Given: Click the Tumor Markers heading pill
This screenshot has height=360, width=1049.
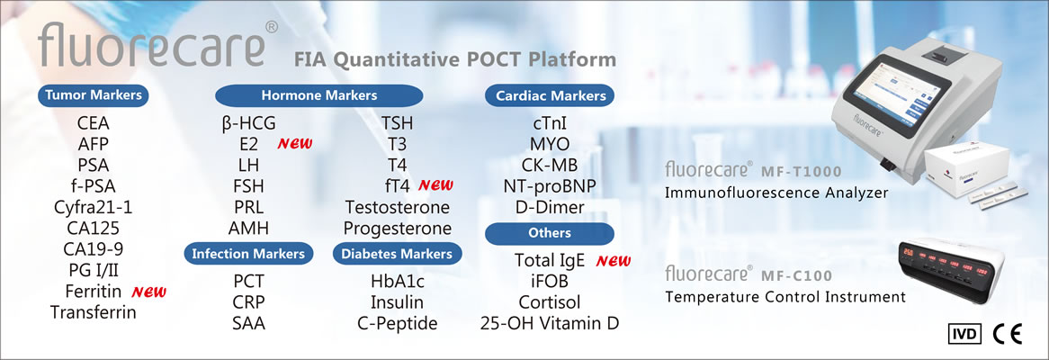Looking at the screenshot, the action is (93, 95).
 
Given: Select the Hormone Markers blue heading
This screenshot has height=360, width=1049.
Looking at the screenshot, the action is (319, 95).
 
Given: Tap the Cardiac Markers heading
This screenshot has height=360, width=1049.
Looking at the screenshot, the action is (550, 95).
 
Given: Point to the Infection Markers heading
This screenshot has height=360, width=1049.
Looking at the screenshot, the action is (248, 254).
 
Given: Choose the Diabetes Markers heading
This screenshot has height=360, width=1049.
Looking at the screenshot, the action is (397, 254).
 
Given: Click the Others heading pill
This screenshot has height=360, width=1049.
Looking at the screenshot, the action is (550, 233).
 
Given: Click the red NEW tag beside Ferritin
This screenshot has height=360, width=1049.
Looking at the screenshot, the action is (148, 292).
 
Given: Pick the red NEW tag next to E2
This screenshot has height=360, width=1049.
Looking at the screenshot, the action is (295, 143).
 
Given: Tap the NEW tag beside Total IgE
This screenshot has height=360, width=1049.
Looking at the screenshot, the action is (614, 261).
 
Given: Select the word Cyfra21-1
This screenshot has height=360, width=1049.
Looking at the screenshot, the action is (93, 207).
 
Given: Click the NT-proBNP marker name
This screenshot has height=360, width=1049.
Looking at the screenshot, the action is (550, 186).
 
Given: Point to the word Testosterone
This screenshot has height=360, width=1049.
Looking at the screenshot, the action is (398, 207).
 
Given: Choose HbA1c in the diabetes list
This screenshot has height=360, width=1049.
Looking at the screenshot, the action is (398, 281).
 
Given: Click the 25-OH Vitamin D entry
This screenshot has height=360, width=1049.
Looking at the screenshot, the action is (550, 323).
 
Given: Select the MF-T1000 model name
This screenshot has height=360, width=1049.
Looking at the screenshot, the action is (801, 171).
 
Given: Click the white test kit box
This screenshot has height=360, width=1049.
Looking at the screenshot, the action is (965, 174).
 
